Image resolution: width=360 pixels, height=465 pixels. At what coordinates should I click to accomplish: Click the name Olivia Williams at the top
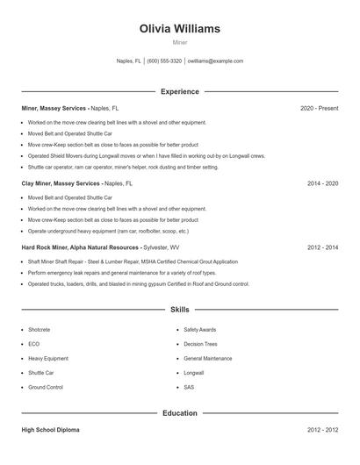pos(180,29)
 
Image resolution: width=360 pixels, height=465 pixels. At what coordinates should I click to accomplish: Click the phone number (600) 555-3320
pos(164,61)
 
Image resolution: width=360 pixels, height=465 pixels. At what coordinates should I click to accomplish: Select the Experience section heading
pos(180,91)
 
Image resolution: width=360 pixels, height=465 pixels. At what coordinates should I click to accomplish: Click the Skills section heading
pos(180,310)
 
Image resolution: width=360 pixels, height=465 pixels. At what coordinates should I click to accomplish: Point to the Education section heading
pos(180,412)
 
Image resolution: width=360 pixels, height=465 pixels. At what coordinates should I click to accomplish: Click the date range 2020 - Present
pos(319,108)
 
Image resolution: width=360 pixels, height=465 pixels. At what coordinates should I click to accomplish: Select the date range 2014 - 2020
pos(322,184)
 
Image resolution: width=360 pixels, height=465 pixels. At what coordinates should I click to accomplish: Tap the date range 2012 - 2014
pos(322,247)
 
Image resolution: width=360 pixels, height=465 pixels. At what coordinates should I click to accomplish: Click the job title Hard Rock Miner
pos(42,247)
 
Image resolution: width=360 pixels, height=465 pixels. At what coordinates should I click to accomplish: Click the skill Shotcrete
pos(40,330)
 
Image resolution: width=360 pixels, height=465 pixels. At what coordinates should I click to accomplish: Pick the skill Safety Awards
pos(198,330)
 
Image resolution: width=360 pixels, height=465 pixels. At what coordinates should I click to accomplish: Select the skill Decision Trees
pos(200,344)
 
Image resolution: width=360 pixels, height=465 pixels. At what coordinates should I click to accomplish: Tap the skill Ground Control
pos(46,387)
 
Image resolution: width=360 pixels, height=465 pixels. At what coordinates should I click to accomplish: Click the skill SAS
pos(189,387)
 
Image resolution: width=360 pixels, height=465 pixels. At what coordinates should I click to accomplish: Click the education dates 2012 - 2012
pos(322,430)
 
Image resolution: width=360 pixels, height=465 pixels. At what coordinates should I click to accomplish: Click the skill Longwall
pos(193,373)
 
